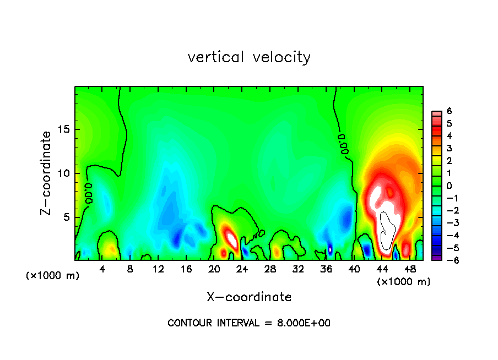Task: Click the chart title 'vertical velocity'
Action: pyautogui.click(x=249, y=57)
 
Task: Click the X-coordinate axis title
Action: pyautogui.click(x=249, y=297)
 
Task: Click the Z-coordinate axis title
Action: pyautogui.click(x=47, y=173)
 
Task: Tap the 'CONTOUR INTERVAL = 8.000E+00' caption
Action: pyautogui.click(x=249, y=323)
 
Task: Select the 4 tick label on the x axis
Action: pyautogui.click(x=102, y=269)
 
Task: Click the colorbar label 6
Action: pyautogui.click(x=449, y=111)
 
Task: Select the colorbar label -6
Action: pyautogui.click(x=447, y=260)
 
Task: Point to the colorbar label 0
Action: pyautogui.click(x=449, y=186)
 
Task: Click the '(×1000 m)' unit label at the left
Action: pyautogui.click(x=52, y=276)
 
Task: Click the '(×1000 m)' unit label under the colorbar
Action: pyautogui.click(x=403, y=282)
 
